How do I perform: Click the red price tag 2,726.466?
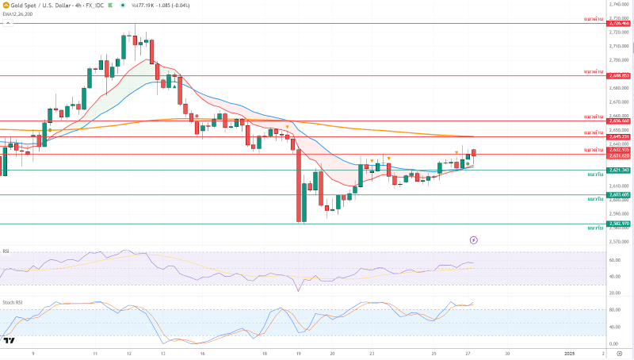click(618, 24)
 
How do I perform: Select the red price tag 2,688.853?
click(618, 76)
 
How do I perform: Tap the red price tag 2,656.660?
click(618, 121)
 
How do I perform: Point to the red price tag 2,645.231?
click(618, 137)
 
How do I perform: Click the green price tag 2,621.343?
click(618, 170)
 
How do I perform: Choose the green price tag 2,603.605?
click(618, 195)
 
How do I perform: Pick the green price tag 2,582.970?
click(618, 224)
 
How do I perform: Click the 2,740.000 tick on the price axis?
click(618, 4)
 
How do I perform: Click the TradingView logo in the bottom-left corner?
click(10, 340)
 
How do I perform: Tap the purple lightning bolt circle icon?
click(474, 239)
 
